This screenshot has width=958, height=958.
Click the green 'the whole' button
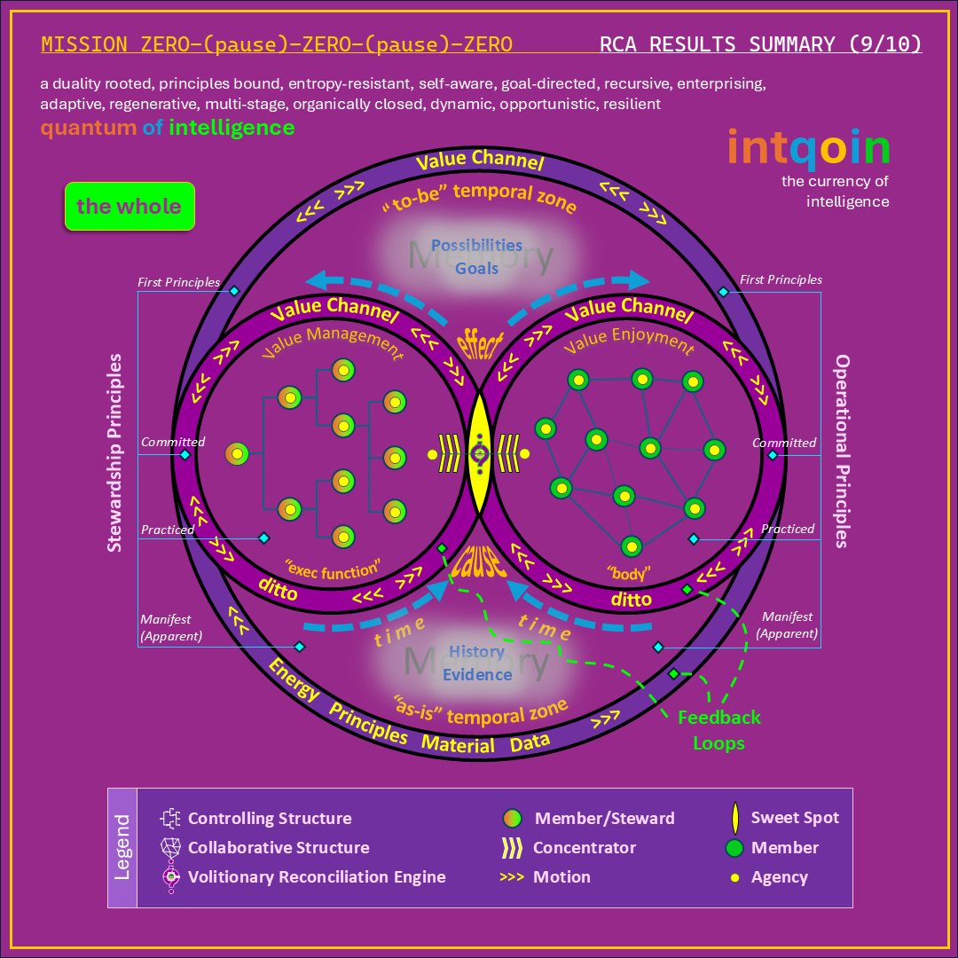click(x=130, y=207)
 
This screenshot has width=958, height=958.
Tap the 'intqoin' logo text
click(x=808, y=150)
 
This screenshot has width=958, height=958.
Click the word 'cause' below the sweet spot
click(x=479, y=563)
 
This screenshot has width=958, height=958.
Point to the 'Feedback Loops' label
click(x=718, y=730)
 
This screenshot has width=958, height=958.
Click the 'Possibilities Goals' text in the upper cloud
click(x=476, y=256)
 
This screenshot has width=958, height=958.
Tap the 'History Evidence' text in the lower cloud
click(x=477, y=663)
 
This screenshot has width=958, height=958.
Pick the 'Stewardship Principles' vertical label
click(x=114, y=453)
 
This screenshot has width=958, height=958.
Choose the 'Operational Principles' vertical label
click(x=843, y=452)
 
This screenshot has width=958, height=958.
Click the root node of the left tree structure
click(x=237, y=454)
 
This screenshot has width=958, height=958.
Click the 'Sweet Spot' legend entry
click(x=794, y=818)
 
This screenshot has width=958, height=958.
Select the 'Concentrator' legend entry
click(x=584, y=847)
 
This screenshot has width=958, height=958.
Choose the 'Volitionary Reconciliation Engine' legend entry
click(x=317, y=876)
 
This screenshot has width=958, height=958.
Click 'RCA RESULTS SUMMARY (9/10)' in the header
click(x=760, y=44)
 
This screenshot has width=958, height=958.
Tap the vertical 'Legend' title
click(x=122, y=847)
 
